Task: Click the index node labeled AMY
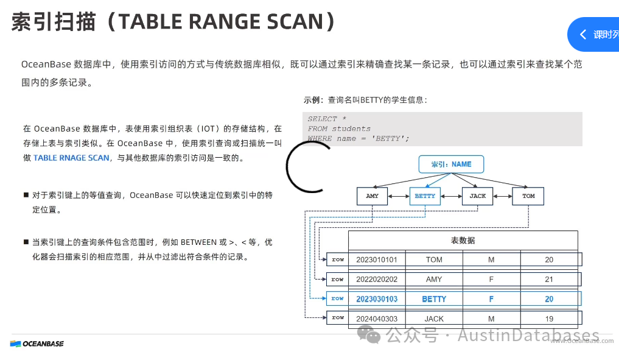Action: coord(372,196)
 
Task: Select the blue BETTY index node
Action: coord(425,196)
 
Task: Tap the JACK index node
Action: coord(478,196)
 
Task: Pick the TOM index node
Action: coord(528,196)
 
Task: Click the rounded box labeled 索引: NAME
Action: coord(452,164)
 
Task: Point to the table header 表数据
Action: coord(463,241)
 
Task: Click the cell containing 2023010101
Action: coord(377,259)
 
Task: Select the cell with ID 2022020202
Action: coord(377,279)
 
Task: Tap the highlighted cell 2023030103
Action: coord(377,299)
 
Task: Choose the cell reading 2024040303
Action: coord(377,319)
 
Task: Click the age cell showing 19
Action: coord(549,319)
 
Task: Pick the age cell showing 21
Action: coord(549,279)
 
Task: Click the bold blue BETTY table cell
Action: coord(434,299)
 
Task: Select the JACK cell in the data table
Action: coord(434,319)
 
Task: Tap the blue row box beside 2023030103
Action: coord(337,298)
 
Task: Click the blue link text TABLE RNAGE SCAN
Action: coord(71,158)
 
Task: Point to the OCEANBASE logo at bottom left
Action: coord(37,344)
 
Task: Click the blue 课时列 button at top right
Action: coord(600,35)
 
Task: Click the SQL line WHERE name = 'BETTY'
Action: coord(358,138)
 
